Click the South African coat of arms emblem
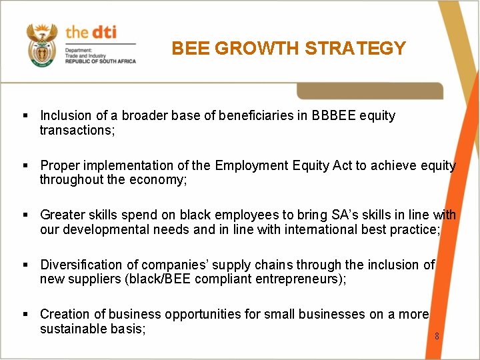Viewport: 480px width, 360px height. (x=41, y=45)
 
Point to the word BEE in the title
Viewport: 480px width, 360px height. (x=189, y=49)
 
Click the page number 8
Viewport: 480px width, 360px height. (x=437, y=336)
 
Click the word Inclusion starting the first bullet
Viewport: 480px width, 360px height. (x=65, y=116)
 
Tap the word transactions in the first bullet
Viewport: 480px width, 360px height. (x=77, y=131)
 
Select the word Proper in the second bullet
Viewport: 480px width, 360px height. (x=59, y=165)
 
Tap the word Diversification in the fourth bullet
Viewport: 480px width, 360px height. (x=81, y=265)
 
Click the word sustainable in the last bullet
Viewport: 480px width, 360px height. (x=74, y=329)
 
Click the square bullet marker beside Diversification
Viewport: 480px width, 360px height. (x=25, y=265)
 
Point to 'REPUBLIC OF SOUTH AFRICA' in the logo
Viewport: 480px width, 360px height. (x=100, y=61)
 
